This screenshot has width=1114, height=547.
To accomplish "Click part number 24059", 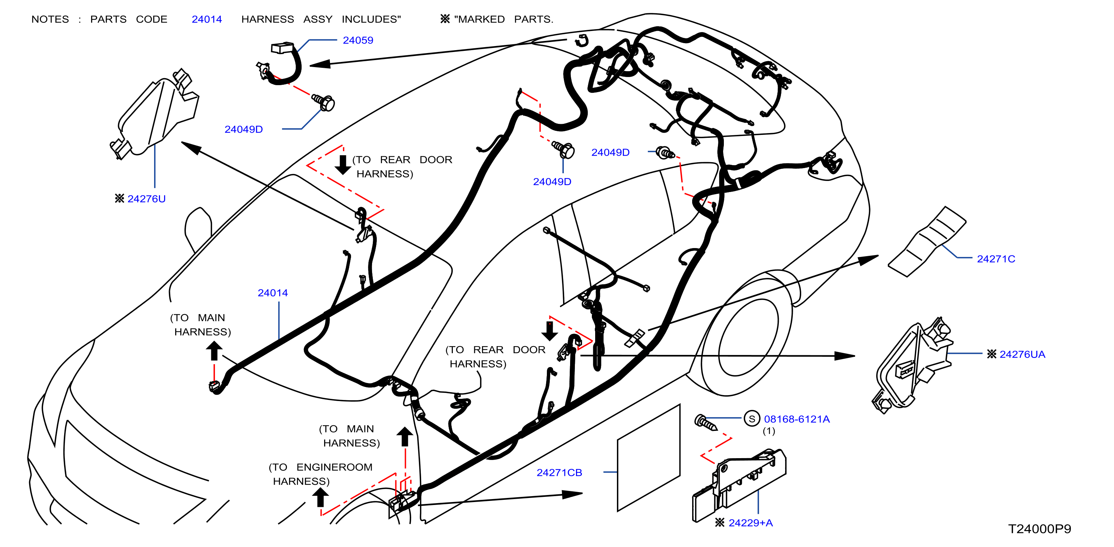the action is [x=358, y=40].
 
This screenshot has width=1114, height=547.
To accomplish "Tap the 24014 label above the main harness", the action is [x=273, y=293].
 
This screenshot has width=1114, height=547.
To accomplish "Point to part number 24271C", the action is [x=996, y=259].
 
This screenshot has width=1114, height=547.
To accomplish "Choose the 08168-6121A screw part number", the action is [x=797, y=419].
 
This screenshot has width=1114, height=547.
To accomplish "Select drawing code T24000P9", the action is [x=1040, y=529].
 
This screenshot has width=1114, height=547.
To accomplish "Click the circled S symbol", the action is [x=752, y=419].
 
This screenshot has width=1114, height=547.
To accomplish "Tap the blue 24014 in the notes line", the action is [x=207, y=20].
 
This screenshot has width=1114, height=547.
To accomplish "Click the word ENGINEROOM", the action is [x=334, y=467].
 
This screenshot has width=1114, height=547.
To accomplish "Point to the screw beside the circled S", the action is [x=706, y=423].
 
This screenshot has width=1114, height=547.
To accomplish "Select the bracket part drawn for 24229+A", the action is [x=739, y=485].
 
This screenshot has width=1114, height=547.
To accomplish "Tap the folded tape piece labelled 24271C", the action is [x=927, y=241].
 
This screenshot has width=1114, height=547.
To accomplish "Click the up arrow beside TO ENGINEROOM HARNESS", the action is [x=320, y=497].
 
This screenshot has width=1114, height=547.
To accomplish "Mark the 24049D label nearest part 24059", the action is [x=243, y=129].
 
